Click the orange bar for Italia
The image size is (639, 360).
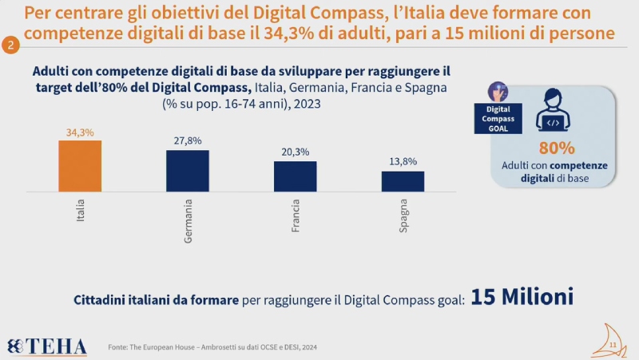tap(80, 166)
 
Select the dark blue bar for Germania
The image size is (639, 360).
tap(187, 171)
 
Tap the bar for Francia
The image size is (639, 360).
tap(295, 176)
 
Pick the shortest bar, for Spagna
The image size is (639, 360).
tap(403, 181)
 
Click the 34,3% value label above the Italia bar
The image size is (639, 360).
tap(80, 131)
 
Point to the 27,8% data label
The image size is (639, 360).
tap(187, 141)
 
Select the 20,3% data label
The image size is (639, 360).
tap(295, 152)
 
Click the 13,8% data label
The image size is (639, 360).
tap(403, 161)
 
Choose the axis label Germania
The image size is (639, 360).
tap(188, 224)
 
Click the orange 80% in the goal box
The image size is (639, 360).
tap(557, 148)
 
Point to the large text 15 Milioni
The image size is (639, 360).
tap(522, 297)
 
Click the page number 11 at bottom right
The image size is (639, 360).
tap(613, 345)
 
